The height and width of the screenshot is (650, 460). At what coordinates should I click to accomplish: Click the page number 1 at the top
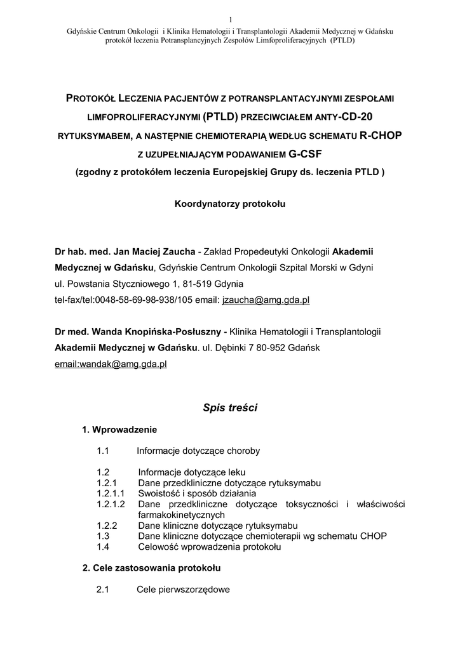click(x=230, y=18)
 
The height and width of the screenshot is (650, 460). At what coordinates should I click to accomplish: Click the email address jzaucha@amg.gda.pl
click(x=266, y=300)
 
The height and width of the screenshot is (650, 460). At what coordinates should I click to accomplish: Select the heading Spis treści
click(x=229, y=408)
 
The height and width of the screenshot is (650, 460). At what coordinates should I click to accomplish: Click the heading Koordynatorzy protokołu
click(x=230, y=204)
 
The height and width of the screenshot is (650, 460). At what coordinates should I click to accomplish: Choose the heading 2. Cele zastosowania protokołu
click(x=152, y=567)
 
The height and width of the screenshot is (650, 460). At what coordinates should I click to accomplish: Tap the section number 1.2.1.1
click(x=111, y=493)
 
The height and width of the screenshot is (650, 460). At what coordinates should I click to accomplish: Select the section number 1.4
click(x=104, y=546)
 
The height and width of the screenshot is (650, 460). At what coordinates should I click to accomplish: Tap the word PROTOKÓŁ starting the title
click(x=97, y=98)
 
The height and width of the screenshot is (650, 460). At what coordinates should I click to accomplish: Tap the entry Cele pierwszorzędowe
click(x=183, y=590)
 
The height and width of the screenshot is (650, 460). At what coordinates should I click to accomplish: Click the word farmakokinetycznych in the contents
click(x=181, y=515)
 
